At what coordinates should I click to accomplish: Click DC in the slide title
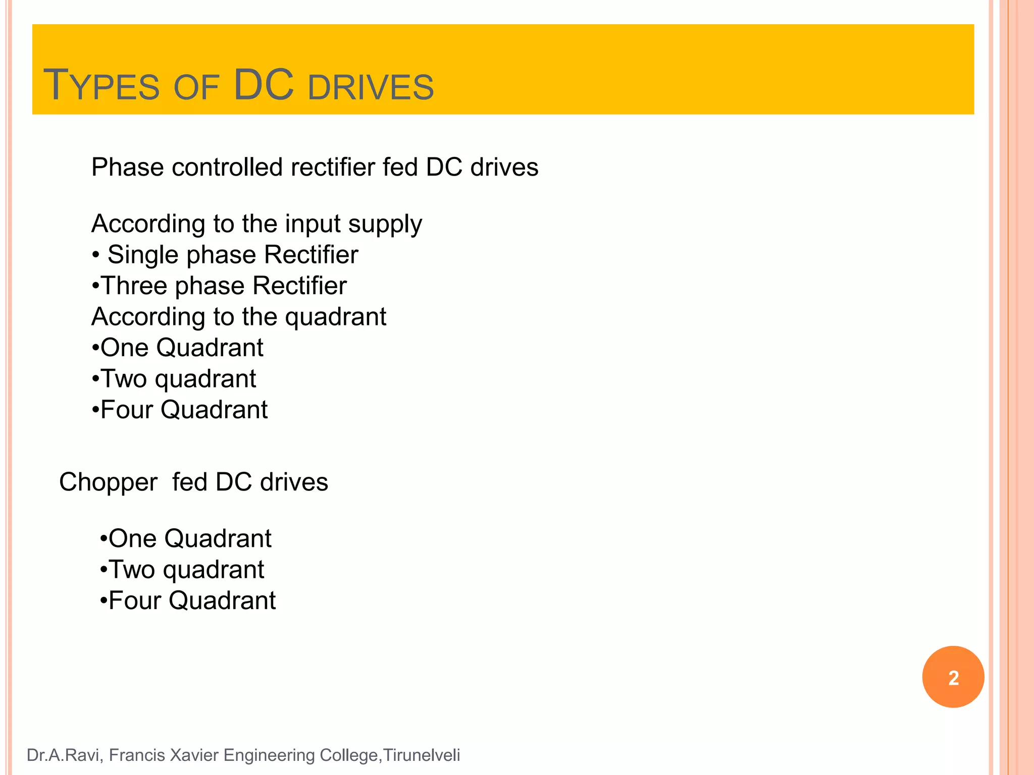pyautogui.click(x=264, y=84)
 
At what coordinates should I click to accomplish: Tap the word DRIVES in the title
pyautogui.click(x=371, y=87)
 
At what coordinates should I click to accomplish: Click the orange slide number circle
pyautogui.click(x=953, y=677)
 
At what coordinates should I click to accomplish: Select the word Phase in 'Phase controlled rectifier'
pyautogui.click(x=127, y=167)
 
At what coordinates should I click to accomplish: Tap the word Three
pyautogui.click(x=134, y=286)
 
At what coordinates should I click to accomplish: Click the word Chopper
pyautogui.click(x=108, y=483)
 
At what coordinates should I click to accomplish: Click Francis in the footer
pyautogui.click(x=137, y=755)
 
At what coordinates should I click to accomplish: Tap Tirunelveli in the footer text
pyautogui.click(x=422, y=755)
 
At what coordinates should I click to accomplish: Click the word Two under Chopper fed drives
pyautogui.click(x=132, y=570)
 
